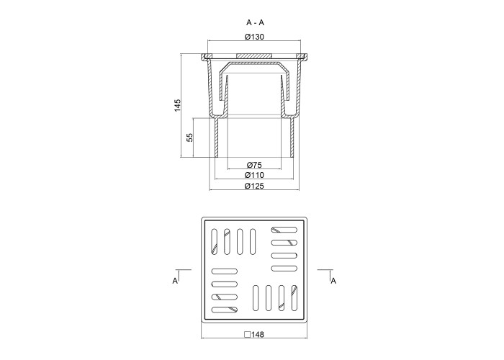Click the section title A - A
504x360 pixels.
coord(255,22)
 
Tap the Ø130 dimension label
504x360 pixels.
coord(254,37)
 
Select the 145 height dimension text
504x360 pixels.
coord(177,105)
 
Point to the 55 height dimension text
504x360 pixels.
coord(190,138)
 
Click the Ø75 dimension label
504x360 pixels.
coord(254,165)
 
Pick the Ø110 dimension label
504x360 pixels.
coord(254,175)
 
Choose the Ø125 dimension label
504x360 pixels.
coord(254,186)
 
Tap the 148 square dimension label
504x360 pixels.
coord(258,334)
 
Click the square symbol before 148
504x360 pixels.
coord(247,334)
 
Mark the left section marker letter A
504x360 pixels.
coord(175,281)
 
